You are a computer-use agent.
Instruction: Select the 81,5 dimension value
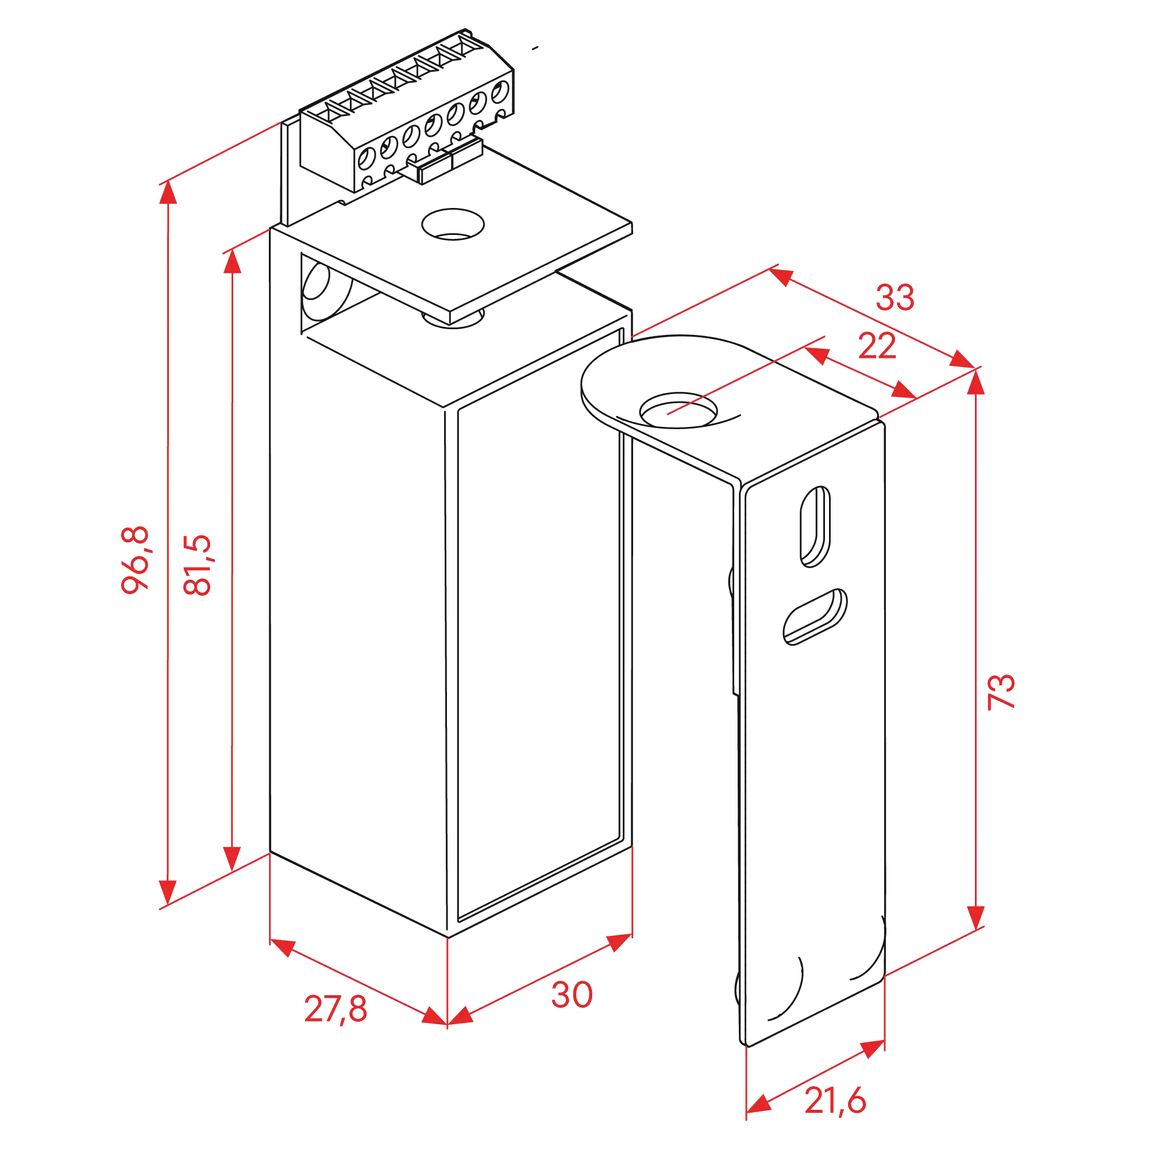point(197,565)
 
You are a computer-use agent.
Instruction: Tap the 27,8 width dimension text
point(335,1008)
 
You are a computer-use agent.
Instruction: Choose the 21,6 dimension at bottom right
point(835,1100)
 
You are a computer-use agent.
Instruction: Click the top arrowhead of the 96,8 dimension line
point(168,193)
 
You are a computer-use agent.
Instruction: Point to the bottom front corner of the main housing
point(447,937)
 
